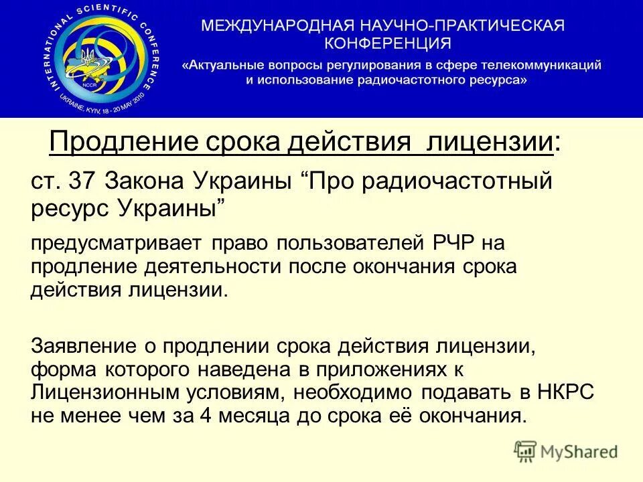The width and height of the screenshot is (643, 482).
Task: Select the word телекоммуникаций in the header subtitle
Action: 543,65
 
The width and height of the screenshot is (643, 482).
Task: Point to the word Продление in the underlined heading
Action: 113,143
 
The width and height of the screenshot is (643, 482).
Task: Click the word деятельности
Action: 218,266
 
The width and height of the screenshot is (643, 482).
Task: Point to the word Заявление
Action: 82,347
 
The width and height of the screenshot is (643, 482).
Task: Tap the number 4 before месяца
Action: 208,415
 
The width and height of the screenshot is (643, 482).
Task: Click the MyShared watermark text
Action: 579,452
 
